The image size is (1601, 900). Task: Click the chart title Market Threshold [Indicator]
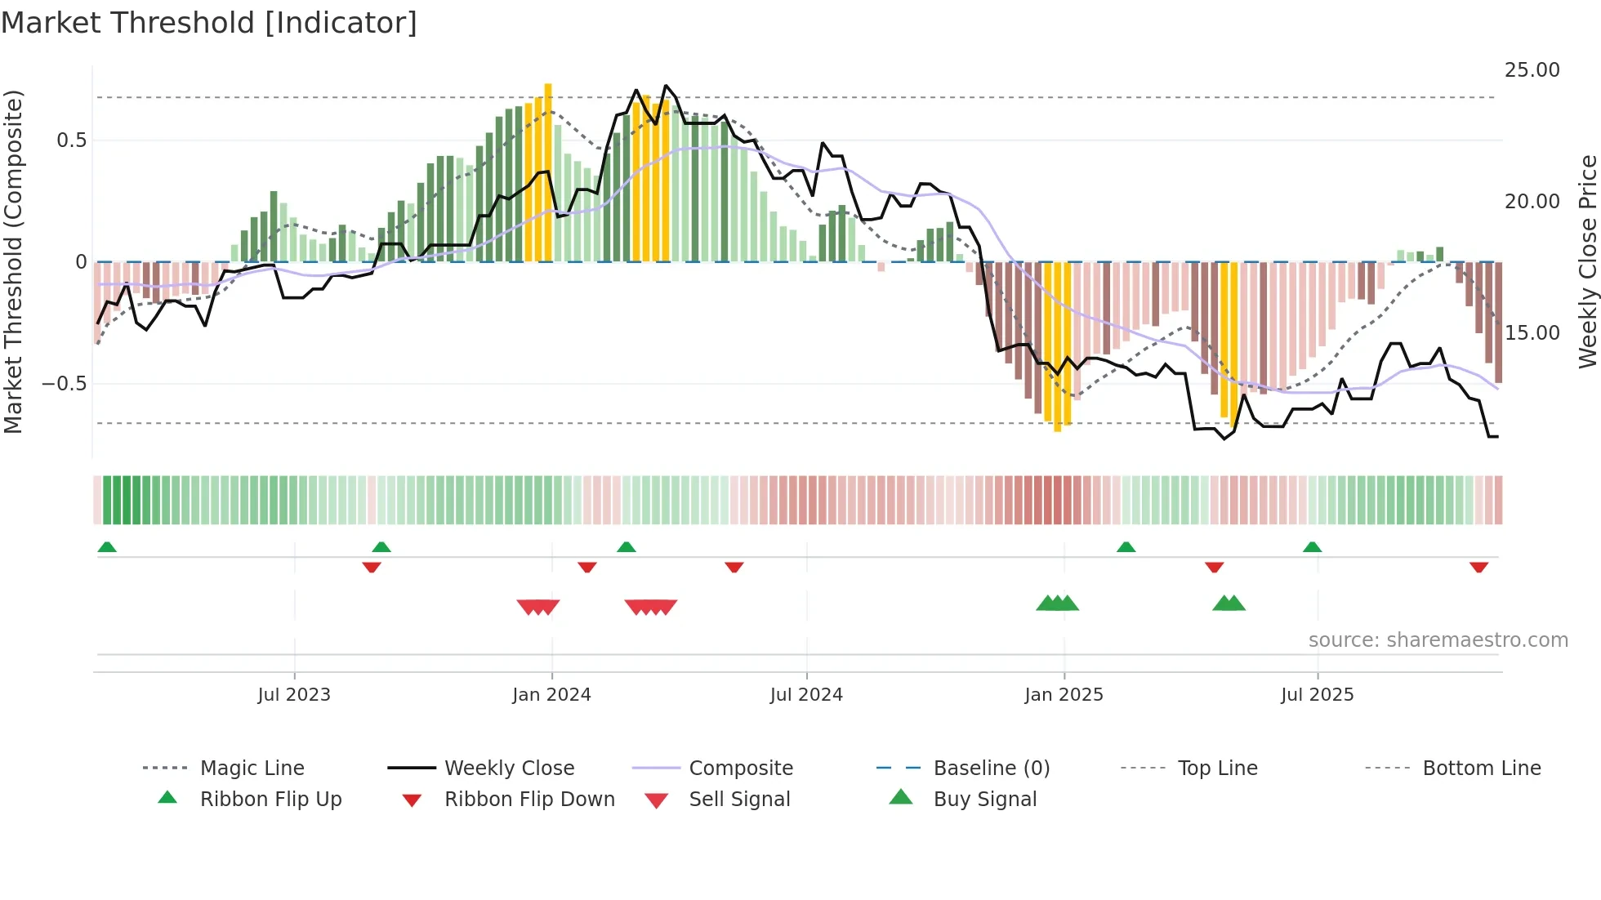pyautogui.click(x=209, y=23)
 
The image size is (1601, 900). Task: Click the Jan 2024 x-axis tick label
pyautogui.click(x=551, y=695)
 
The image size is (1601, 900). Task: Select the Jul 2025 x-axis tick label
pyautogui.click(x=1317, y=695)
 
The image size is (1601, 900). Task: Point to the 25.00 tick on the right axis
pyautogui.click(x=1532, y=70)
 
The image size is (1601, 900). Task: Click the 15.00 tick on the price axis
pyautogui.click(x=1532, y=333)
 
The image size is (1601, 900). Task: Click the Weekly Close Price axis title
pyautogui.click(x=1587, y=261)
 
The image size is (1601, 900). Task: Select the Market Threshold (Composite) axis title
pyautogui.click(x=13, y=261)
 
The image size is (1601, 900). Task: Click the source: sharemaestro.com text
pyautogui.click(x=1438, y=640)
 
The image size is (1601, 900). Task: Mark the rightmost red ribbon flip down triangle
pyautogui.click(x=1478, y=567)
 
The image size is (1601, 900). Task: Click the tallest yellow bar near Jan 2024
pyautogui.click(x=548, y=172)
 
